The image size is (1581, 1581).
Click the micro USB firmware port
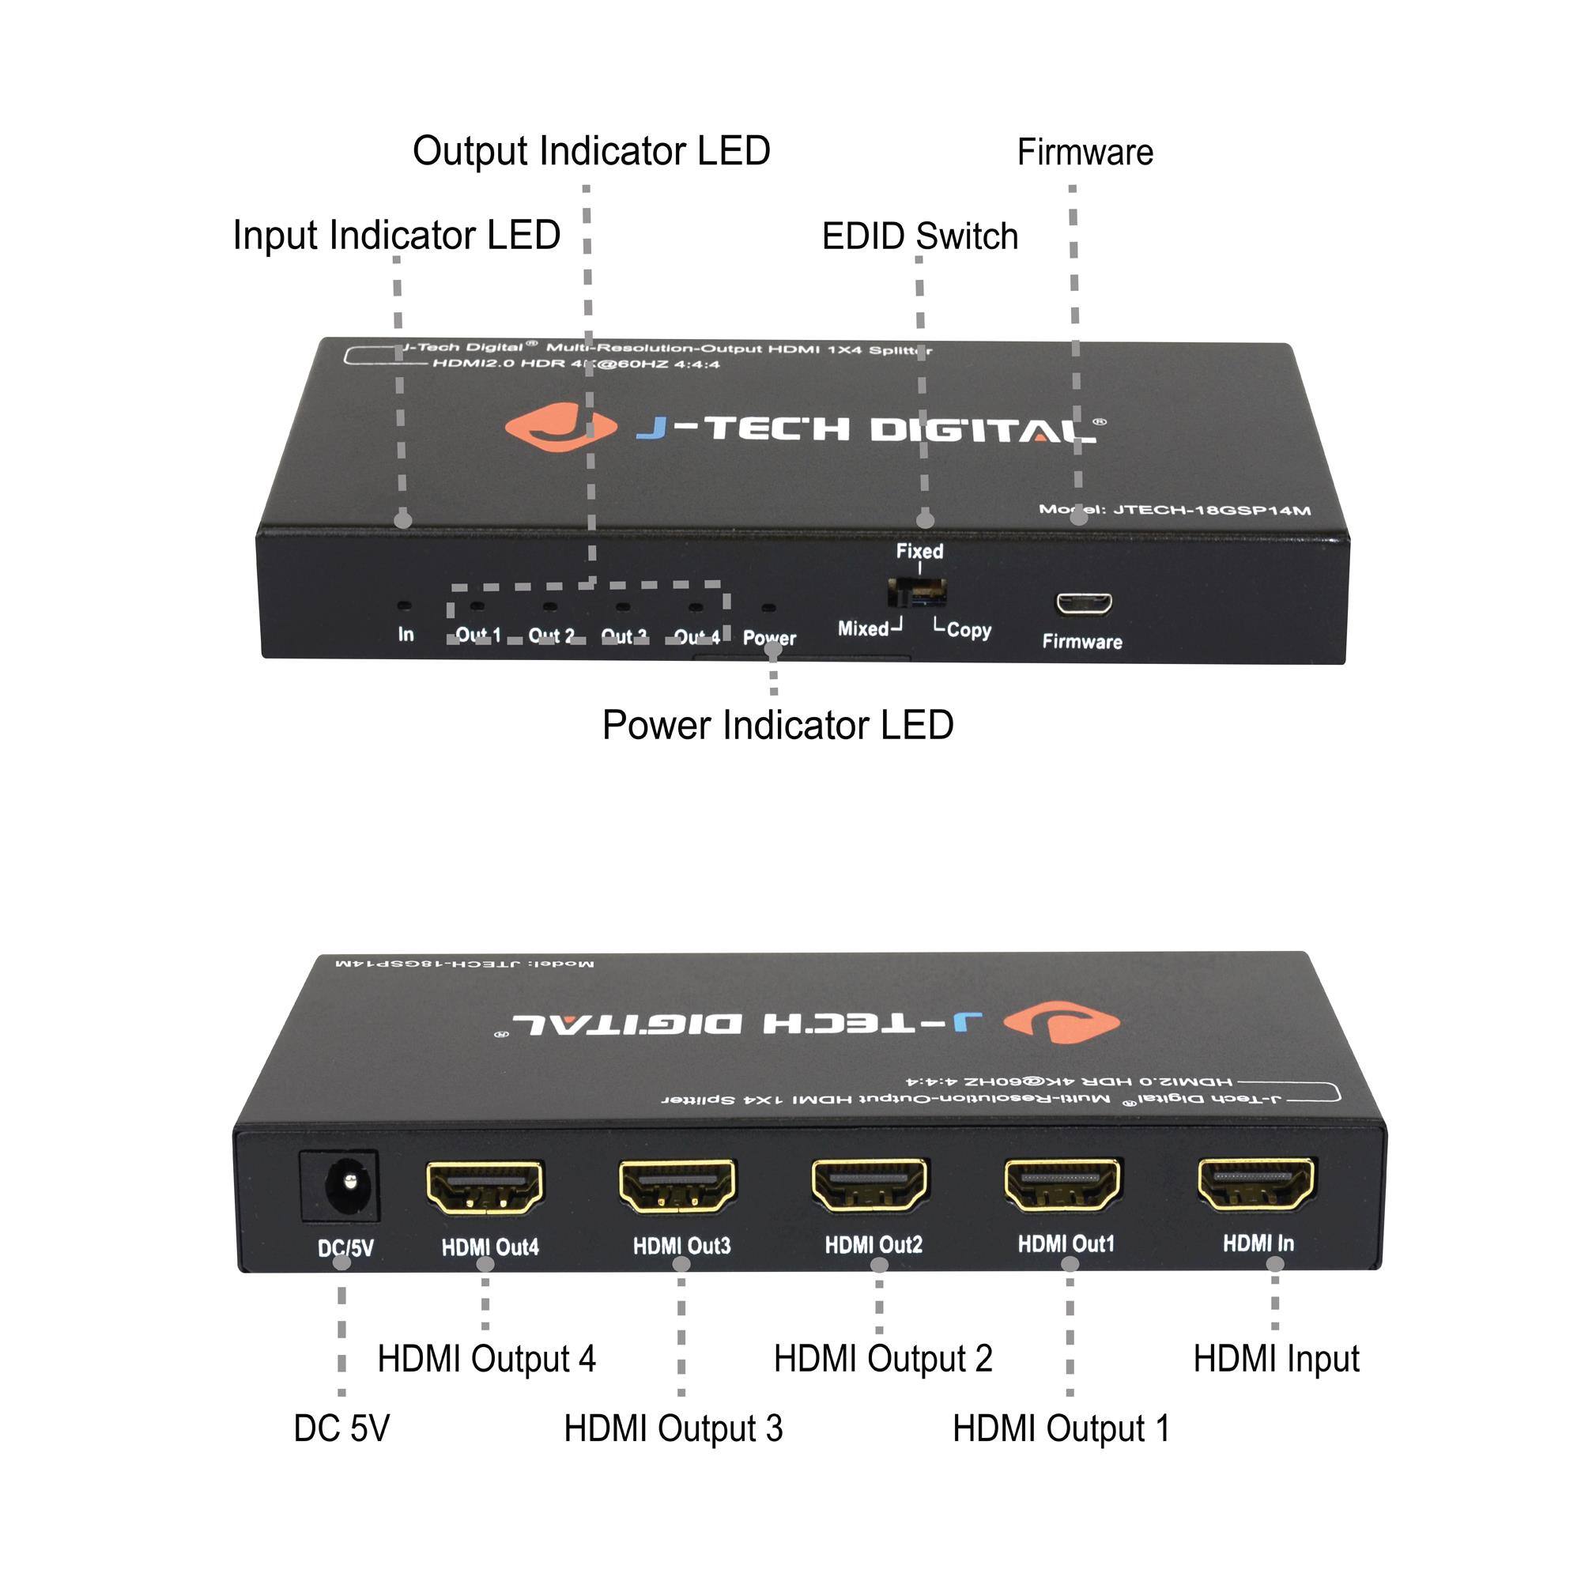pyautogui.click(x=1084, y=604)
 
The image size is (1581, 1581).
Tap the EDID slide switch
pyautogui.click(x=917, y=591)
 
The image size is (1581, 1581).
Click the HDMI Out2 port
pyautogui.click(x=870, y=1185)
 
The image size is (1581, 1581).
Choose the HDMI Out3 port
pyautogui.click(x=677, y=1187)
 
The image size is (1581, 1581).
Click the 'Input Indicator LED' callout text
pyautogui.click(x=396, y=236)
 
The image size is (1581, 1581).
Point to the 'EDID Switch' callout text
pyautogui.click(x=920, y=236)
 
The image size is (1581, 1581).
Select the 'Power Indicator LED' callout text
pyautogui.click(x=777, y=725)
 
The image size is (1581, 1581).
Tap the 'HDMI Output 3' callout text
pyautogui.click(x=673, y=1428)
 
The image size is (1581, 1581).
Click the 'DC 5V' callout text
pyautogui.click(x=341, y=1428)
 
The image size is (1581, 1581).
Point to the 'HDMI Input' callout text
pyautogui.click(x=1276, y=1359)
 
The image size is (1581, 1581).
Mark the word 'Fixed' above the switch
pyautogui.click(x=920, y=551)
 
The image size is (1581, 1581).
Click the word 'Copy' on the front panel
pyautogui.click(x=969, y=630)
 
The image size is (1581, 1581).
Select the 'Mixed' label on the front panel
pyautogui.click(x=863, y=628)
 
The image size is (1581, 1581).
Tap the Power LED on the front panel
pyautogui.click(x=768, y=608)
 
